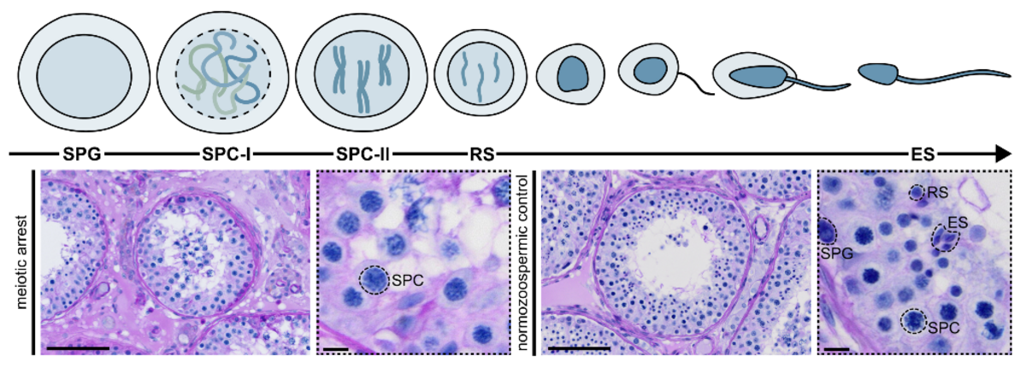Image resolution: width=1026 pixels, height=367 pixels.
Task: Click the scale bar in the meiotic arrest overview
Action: point(80,348)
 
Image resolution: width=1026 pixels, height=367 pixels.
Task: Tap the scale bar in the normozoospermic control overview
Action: point(580,348)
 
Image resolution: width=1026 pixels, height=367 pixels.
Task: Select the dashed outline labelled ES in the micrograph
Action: point(944,237)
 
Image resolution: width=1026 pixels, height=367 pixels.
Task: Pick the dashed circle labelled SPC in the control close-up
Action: point(915,321)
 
